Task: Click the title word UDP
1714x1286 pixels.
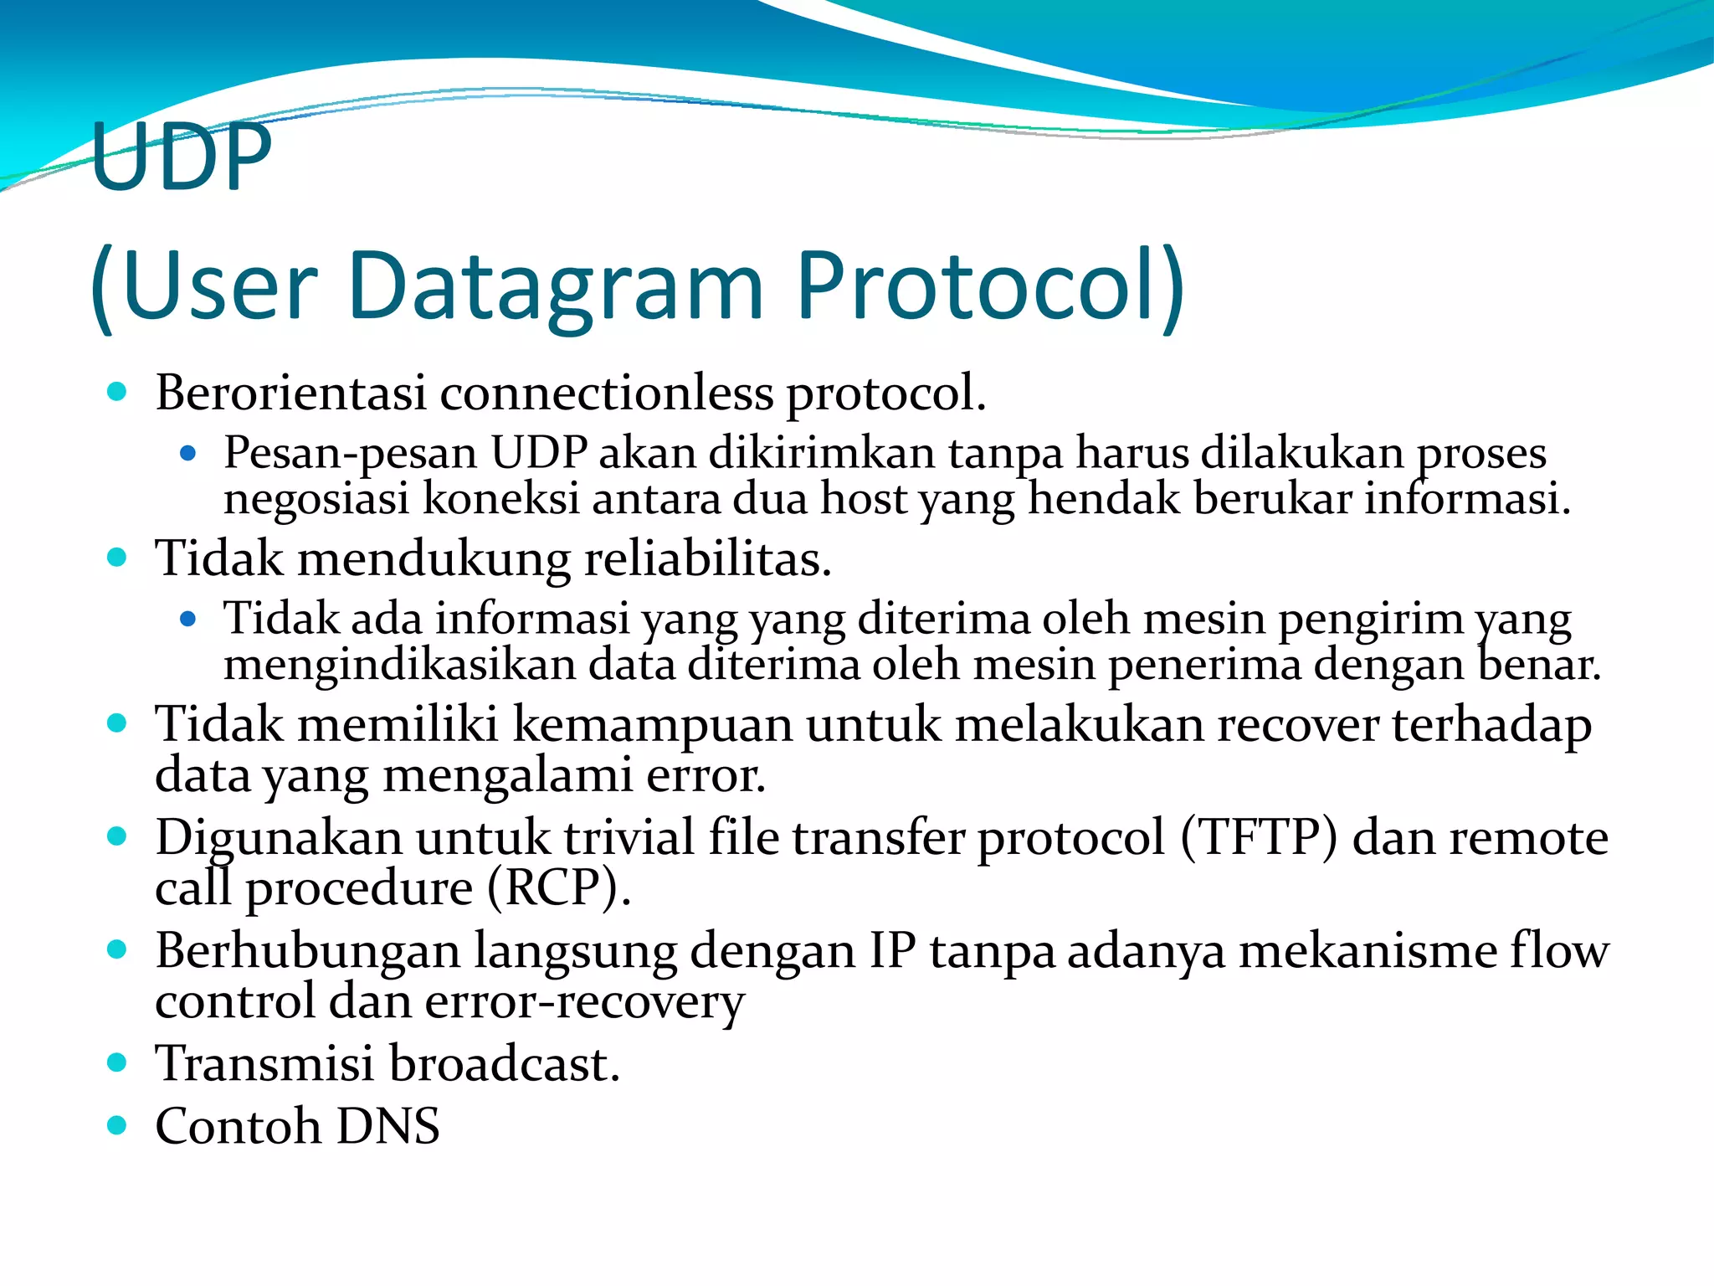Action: pos(182,157)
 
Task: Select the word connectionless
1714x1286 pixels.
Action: pos(607,393)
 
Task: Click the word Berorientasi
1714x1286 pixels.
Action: pos(290,393)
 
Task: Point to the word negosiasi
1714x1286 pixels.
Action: pos(316,499)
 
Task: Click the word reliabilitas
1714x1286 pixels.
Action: pos(707,559)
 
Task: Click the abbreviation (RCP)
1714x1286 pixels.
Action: pos(558,888)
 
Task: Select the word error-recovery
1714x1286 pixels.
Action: pos(584,1002)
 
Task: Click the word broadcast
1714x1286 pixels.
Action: pos(504,1064)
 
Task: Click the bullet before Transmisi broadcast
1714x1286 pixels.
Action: pos(117,1063)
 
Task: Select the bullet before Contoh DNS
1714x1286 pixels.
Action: pos(117,1125)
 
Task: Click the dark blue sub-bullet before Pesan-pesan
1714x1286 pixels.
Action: pos(187,454)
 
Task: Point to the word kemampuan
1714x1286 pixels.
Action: pos(652,724)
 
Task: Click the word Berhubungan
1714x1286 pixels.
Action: pos(307,951)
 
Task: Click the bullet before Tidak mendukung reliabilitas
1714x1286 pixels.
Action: pos(117,558)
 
